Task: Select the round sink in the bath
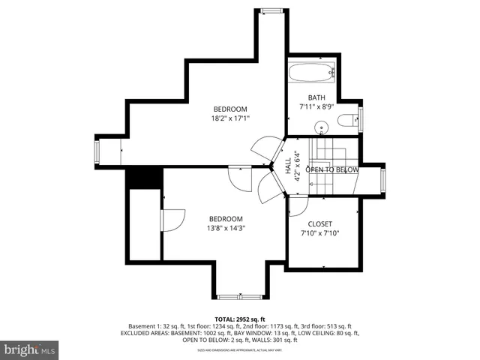tap(322, 126)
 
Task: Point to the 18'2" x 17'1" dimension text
tap(229, 118)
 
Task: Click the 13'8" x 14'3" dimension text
tap(225, 228)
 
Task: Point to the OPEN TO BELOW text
tap(331, 170)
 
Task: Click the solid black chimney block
tap(144, 178)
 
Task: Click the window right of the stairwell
tap(383, 179)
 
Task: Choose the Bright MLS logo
tap(30, 349)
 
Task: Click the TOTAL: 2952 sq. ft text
tap(239, 319)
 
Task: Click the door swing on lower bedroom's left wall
tap(171, 220)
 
